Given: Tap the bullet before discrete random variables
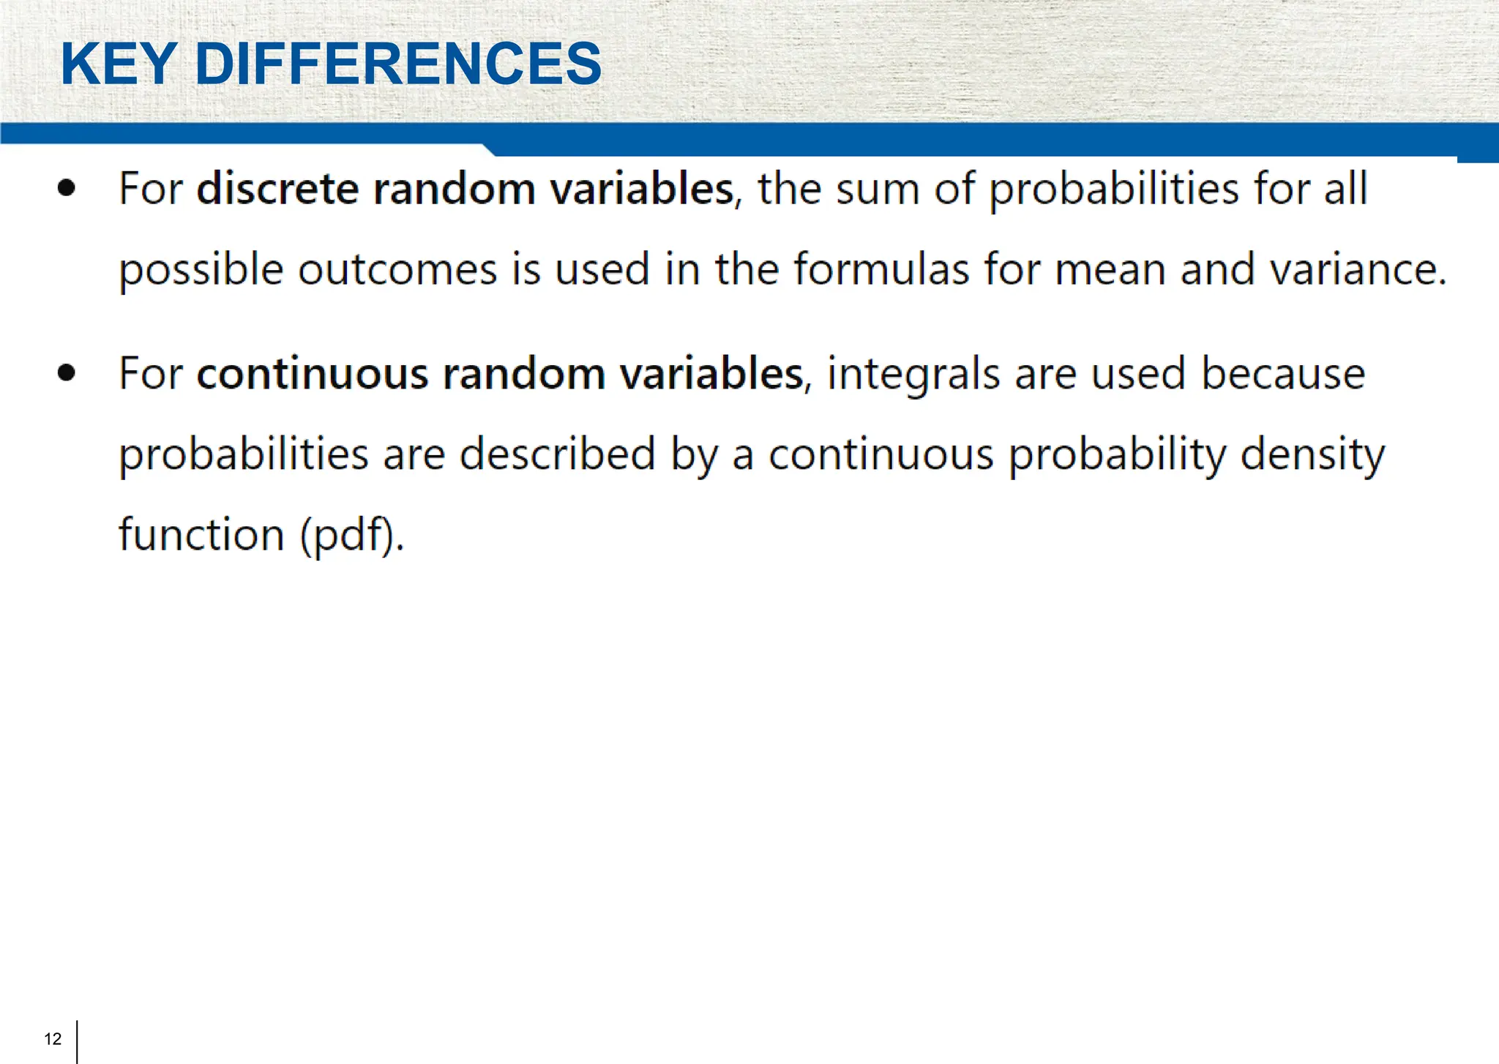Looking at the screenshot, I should tap(67, 188).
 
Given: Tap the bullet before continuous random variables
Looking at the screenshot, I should tap(67, 373).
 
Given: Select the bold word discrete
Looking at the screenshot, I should tap(277, 189).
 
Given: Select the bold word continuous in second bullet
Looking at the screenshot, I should tap(312, 374).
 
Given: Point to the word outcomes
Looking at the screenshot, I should tap(397, 269).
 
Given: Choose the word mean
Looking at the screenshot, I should tap(1110, 269).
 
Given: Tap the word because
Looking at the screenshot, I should tap(1283, 374).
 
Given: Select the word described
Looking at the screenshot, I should tap(557, 454).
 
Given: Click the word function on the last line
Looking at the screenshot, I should tap(201, 534).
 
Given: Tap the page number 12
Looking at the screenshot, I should tap(53, 1039).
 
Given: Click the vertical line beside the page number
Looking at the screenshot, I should tap(77, 1041).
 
